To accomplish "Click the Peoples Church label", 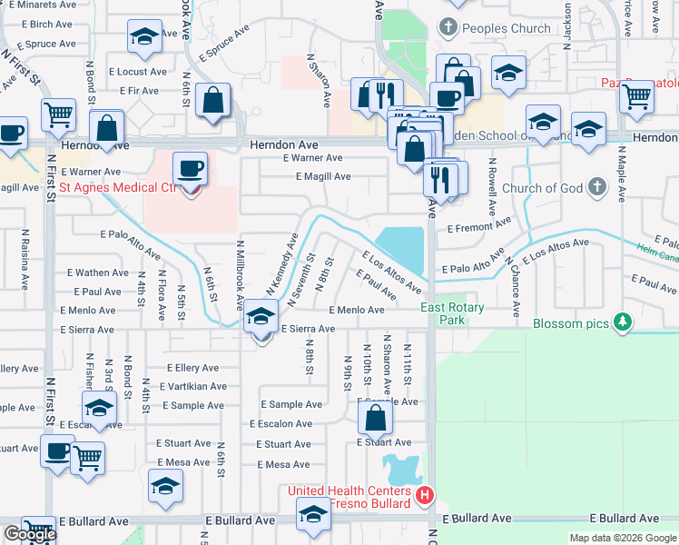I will pos(506,28).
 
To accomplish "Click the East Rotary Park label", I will pos(452,314).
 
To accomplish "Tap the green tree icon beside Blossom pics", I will pos(622,322).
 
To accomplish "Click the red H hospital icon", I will pos(424,496).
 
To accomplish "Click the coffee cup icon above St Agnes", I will pos(190,169).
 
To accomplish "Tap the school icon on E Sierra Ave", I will pos(261,318).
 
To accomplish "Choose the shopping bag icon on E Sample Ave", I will pos(375,419).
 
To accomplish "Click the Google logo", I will pos(31,534).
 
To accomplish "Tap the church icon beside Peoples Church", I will pos(446,28).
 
